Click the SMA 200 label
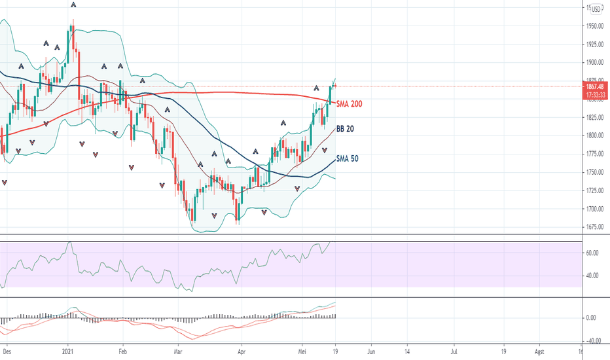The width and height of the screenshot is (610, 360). click(x=349, y=104)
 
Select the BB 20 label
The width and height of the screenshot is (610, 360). click(x=345, y=130)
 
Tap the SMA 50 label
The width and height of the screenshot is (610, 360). click(x=347, y=158)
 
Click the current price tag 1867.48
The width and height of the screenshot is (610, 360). click(x=595, y=86)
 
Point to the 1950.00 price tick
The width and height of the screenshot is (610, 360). click(x=595, y=26)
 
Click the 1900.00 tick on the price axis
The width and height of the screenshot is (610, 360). click(x=595, y=63)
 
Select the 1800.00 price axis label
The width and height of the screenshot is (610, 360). click(x=595, y=135)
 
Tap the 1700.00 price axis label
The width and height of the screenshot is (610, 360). click(x=595, y=209)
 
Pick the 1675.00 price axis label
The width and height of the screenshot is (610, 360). click(x=595, y=227)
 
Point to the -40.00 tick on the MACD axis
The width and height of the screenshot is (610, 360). click(x=594, y=340)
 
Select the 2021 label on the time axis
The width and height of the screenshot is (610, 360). click(x=68, y=351)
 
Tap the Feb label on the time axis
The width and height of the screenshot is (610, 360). click(x=122, y=351)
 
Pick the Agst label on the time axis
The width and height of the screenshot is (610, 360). click(x=539, y=351)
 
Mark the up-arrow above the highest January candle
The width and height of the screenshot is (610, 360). click(x=72, y=5)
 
